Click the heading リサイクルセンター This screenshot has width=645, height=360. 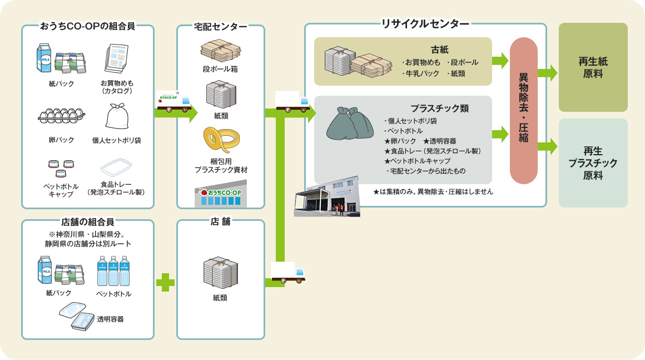(425, 24)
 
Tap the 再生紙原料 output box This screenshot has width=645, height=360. (593, 67)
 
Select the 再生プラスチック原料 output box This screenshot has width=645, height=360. (593, 163)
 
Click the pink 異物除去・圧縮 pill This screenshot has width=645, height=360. (523, 111)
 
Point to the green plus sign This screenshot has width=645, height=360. (165, 282)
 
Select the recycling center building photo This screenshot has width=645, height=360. (327, 198)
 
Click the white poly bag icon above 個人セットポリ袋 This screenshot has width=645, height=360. (117, 116)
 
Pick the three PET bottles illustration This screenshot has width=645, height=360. (113, 270)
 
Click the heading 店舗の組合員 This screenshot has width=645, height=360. (87, 221)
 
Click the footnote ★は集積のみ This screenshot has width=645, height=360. (433, 191)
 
